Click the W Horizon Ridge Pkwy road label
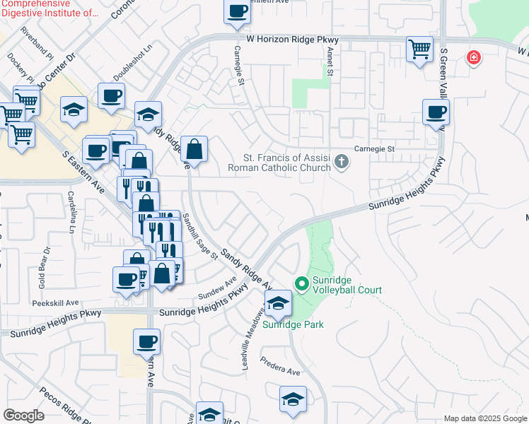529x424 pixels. [292, 40]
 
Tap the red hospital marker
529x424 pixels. [473, 57]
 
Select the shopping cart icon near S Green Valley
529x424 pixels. [419, 49]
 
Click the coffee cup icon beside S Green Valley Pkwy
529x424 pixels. [436, 112]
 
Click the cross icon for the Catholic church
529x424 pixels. [342, 162]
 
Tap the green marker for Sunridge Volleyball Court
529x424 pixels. [303, 284]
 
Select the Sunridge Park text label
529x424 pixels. [293, 324]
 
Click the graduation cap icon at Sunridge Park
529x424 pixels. [279, 303]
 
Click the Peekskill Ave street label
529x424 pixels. [55, 302]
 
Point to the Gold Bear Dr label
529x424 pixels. [45, 268]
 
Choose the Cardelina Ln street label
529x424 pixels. [72, 212]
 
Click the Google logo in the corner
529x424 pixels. [23, 416]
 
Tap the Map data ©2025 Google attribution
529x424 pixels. [485, 418]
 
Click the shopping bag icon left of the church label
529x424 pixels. [194, 149]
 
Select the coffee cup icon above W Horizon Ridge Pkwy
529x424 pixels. [238, 11]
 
